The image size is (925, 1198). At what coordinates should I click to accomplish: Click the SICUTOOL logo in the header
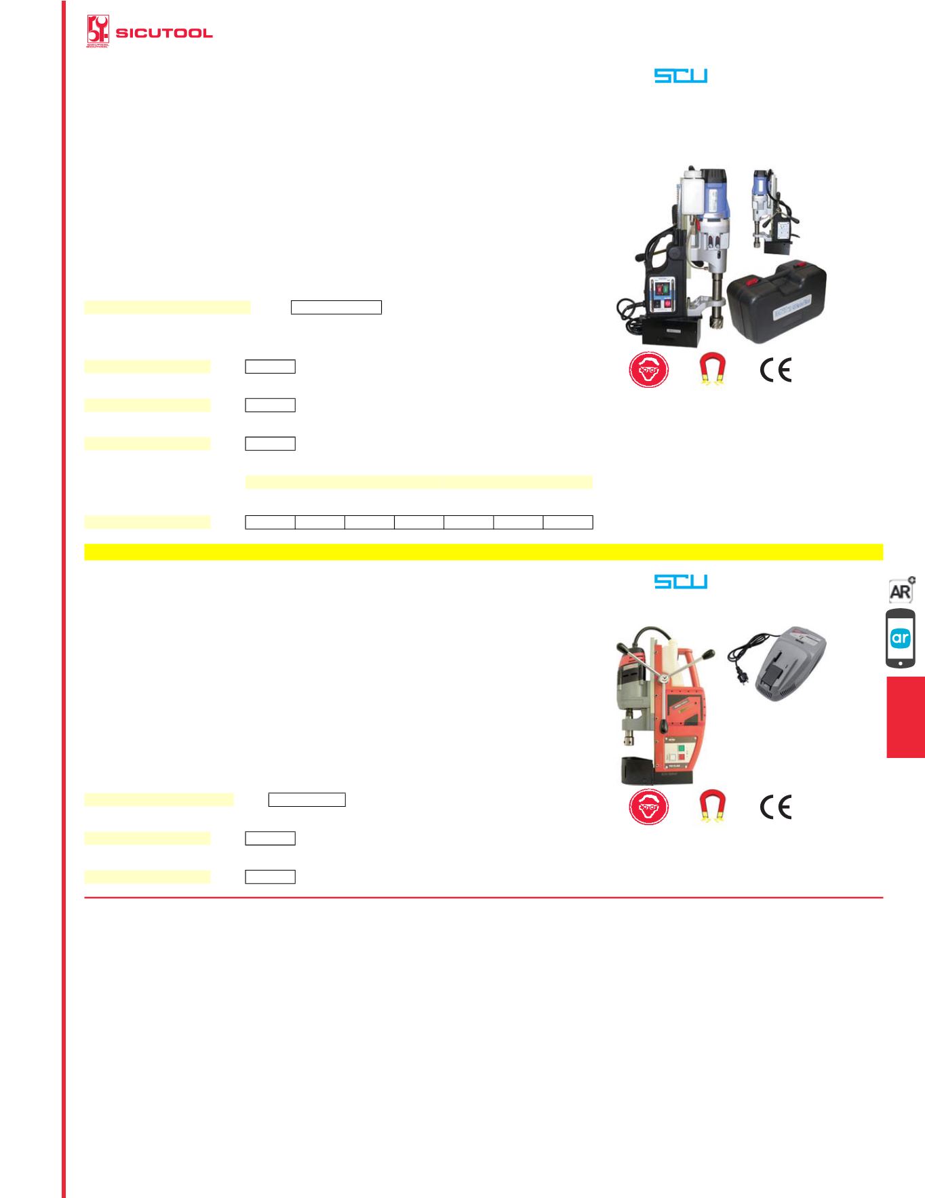click(150, 33)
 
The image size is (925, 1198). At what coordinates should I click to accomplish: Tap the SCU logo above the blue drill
click(680, 75)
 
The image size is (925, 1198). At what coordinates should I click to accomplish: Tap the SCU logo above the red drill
click(680, 581)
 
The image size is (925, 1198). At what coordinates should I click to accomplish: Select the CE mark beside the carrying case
click(776, 371)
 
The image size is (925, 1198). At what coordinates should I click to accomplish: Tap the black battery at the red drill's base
click(637, 770)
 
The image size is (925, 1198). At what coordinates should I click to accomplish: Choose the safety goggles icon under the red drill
click(648, 807)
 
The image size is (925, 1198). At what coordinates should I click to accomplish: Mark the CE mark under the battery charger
click(776, 807)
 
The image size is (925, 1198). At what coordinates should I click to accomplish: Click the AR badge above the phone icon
click(901, 590)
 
